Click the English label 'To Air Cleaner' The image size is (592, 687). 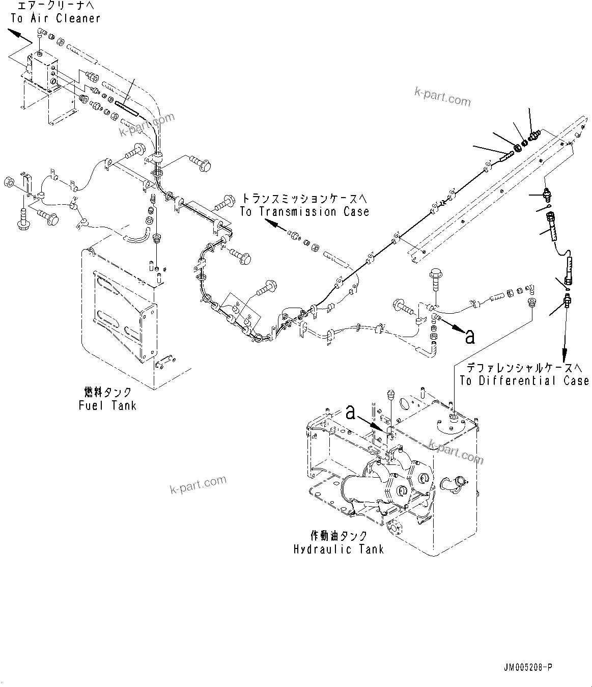pos(55,19)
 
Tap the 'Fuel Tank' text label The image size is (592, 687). pos(107,406)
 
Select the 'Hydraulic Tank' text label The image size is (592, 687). pos(339,549)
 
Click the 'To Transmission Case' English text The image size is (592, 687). pos(304,212)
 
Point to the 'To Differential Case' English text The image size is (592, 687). pos(524,380)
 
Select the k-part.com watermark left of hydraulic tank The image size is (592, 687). pos(198,485)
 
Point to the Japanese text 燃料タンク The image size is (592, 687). pos(107,392)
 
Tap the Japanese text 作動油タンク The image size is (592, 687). pos(339,536)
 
